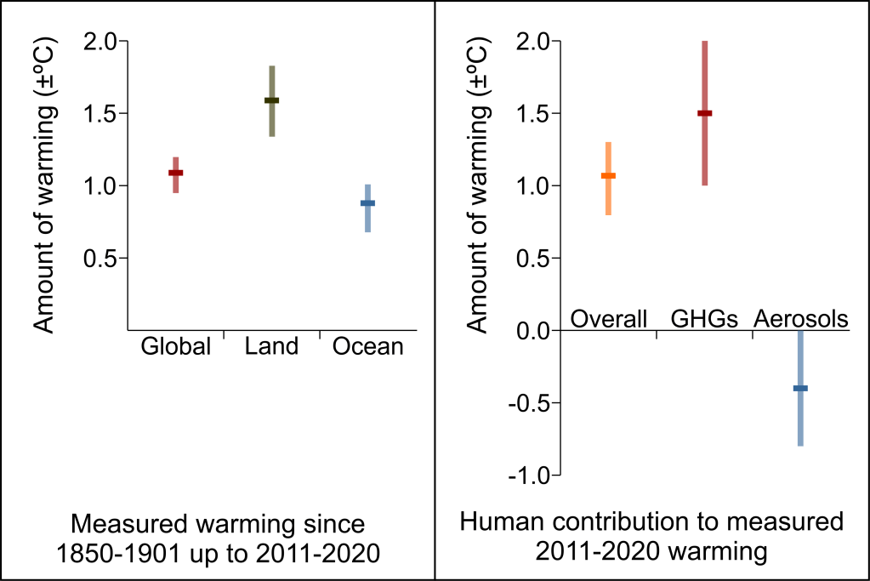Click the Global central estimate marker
175,173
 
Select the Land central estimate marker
271,100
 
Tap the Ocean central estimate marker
367,203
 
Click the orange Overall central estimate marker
608,176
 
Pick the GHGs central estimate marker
704,113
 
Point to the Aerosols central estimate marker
800,388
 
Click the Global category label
175,347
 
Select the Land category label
271,347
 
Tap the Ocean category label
367,347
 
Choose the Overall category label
609,319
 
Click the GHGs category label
704,319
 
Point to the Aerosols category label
801,319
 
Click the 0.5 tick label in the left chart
100,258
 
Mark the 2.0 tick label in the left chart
100,42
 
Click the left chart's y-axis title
48,186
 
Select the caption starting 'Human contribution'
651,536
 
